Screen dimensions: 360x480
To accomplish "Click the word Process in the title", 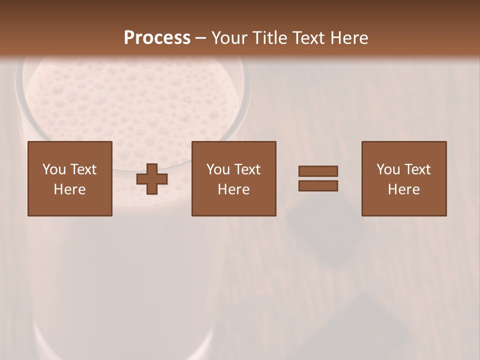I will pos(157,38).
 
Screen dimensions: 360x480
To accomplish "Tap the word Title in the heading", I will pos(270,38).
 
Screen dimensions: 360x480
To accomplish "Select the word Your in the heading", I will pos(229,38).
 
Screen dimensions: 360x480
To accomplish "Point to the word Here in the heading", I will pos(348,38).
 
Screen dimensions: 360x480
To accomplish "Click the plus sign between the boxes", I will pos(152,179).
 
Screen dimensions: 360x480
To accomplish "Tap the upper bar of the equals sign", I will pos(318,171).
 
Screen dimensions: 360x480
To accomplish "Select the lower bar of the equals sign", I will pos(318,186).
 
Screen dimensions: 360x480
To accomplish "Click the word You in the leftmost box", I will pos(54,169).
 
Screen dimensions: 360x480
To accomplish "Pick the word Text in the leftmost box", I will pos(83,169).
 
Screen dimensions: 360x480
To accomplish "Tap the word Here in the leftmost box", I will pos(69,189).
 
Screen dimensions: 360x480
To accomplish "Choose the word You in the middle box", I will pos(218,169).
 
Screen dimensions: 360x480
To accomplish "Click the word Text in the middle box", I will pos(247,169).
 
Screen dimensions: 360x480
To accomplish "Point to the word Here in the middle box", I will pos(233,189).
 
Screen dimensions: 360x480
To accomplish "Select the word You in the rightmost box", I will pos(388,169).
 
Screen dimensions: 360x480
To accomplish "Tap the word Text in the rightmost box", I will pos(417,169).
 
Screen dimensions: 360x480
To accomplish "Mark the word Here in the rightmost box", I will pos(403,189).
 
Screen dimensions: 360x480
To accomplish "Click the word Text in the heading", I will pos(309,38).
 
